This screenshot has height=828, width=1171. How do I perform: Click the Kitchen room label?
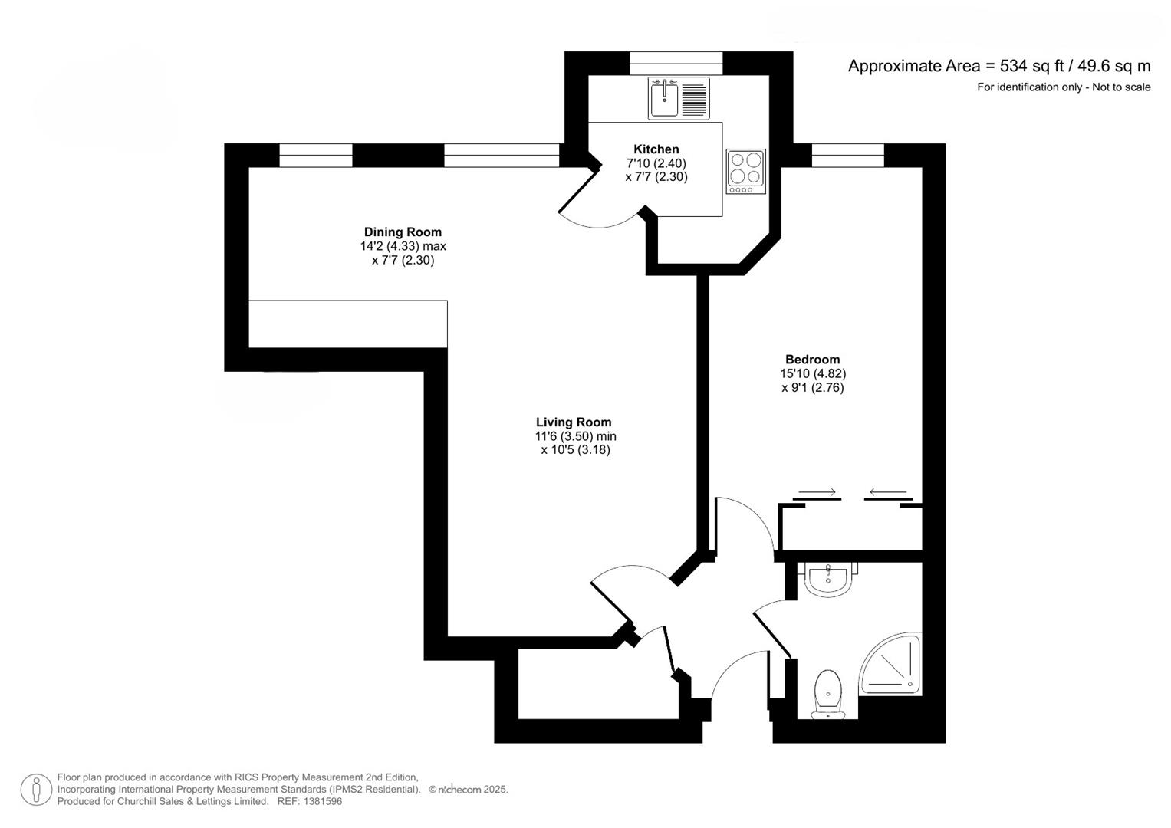coord(656,149)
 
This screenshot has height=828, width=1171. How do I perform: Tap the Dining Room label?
coord(403,232)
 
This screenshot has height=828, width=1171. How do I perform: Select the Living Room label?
coord(574,422)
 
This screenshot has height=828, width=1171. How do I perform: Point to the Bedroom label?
coord(812,360)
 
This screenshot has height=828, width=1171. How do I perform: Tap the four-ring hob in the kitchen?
coord(745,171)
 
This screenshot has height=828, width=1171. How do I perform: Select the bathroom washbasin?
coord(827,578)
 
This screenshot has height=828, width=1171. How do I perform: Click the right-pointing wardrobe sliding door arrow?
coord(817,492)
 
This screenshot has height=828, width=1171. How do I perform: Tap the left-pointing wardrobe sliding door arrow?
coord(888,492)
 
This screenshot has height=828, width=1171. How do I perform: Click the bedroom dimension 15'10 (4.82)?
coord(813,374)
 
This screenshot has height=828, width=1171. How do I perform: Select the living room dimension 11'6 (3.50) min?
coord(575,436)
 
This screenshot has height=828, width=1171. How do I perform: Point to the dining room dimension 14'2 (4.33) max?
coord(403,246)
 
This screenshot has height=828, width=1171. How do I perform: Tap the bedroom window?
coord(847,156)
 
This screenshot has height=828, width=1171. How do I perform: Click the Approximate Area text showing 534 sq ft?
coord(998,66)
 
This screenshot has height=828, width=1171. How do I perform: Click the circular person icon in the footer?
coord(36,790)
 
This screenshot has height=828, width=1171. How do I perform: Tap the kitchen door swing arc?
coord(598,222)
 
